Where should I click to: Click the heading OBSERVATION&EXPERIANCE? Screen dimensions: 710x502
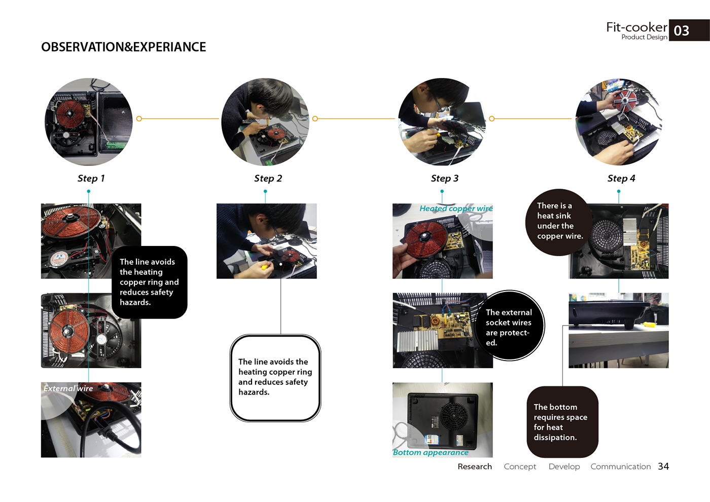pos(124,47)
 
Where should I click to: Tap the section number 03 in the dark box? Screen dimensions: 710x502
pos(681,31)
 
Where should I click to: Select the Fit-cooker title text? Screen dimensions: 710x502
pos(636,27)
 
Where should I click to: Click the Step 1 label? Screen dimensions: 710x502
pos(91,178)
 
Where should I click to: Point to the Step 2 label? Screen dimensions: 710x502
pos(268,178)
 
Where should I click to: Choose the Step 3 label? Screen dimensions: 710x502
pos(444,178)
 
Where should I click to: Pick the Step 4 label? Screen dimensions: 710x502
pos(621,178)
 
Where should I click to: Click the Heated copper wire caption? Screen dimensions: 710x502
pos(456,208)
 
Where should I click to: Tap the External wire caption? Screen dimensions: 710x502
pos(68,388)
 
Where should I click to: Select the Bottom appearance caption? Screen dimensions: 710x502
pos(431,452)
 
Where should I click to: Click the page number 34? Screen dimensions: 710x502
pos(663,466)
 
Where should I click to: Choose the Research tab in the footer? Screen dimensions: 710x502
pos(475,467)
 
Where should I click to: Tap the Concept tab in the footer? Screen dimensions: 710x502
pos(520,467)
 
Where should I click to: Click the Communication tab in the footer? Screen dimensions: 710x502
pos(620,467)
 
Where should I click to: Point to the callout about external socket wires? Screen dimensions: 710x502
pos(509,326)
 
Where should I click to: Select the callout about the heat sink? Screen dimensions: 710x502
pos(559,222)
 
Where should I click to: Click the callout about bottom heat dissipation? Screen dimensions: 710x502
pos(562,422)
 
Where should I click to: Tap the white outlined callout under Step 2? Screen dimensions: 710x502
pos(275,378)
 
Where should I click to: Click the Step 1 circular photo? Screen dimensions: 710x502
pos(89,122)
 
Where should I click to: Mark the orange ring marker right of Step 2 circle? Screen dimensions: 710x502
pos(315,119)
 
